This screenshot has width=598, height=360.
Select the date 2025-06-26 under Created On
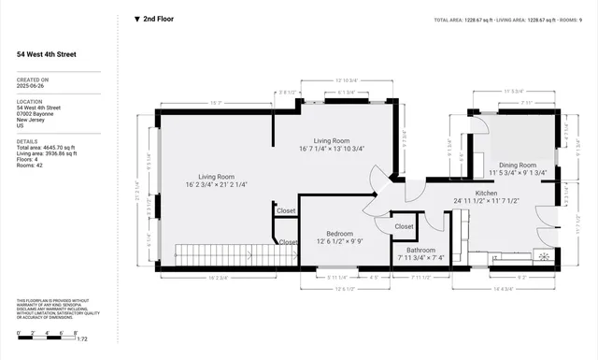point(32,87)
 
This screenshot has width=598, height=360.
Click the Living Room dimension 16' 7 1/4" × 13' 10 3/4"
point(332,148)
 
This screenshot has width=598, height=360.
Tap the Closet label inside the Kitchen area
point(404,226)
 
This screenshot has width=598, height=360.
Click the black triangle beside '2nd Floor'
point(137,18)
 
